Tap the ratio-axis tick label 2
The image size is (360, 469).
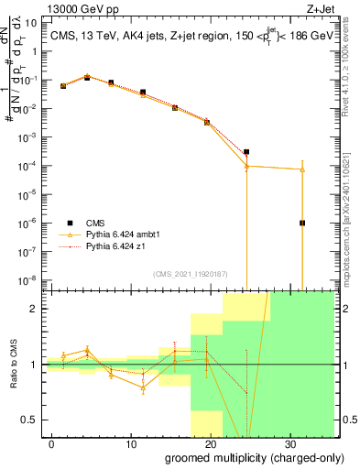pyautogui.click(x=38, y=309)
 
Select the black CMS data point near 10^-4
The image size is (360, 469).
pyautogui.click(x=246, y=152)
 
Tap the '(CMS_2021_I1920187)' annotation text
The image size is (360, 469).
pyautogui.click(x=190, y=273)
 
